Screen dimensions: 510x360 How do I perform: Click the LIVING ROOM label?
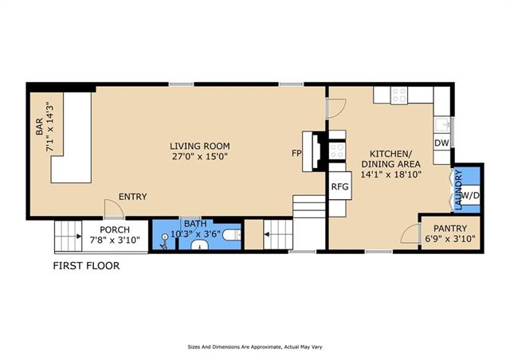[x=200, y=146]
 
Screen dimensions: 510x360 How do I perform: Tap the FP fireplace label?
[x=296, y=153]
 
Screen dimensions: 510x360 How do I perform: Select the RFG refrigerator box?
[x=340, y=186]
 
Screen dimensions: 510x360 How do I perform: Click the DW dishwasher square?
[x=441, y=143]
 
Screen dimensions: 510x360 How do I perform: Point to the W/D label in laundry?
[x=471, y=195]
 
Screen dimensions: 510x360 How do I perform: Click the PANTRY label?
[x=450, y=229]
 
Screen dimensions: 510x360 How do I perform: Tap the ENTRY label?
[x=133, y=197]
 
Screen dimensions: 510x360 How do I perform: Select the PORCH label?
[x=115, y=229]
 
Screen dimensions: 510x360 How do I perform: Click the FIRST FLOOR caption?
[x=87, y=266]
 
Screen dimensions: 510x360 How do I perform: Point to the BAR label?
[x=39, y=127]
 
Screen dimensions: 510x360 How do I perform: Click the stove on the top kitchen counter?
[x=399, y=95]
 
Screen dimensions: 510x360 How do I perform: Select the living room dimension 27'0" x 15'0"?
[x=200, y=156]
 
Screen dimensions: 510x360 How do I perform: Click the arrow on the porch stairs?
[x=79, y=237]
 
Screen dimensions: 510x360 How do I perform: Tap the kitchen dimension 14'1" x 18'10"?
[x=391, y=174]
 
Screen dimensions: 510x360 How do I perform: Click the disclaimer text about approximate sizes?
[x=255, y=347]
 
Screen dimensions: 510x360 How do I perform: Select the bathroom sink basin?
[x=199, y=245]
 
